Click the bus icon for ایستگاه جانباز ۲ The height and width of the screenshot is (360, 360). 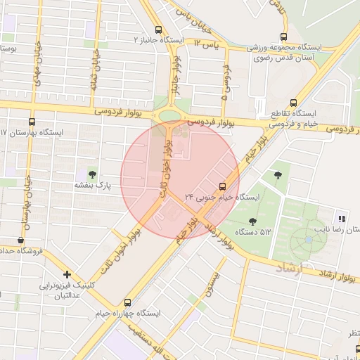click(159, 30)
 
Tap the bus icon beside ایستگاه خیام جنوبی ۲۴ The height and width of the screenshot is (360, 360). click(223, 186)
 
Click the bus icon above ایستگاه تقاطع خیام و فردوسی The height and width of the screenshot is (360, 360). click(293, 102)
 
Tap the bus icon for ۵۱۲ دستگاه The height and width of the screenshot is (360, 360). click(251, 221)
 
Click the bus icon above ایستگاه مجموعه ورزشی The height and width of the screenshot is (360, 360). click(284, 37)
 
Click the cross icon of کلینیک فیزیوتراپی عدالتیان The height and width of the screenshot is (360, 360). click(67, 274)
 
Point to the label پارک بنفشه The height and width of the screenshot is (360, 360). click(94, 186)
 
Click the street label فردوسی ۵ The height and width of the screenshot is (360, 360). click(226, 83)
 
